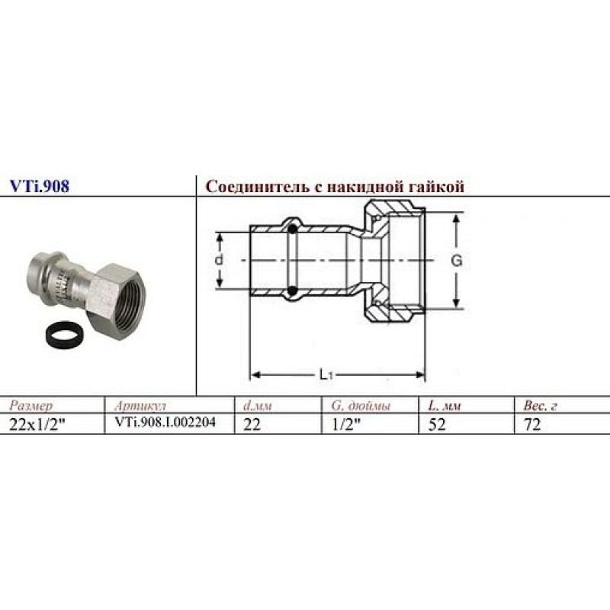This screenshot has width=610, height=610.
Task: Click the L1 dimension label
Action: click(326, 374)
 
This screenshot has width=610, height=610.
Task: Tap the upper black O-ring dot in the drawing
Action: click(292, 226)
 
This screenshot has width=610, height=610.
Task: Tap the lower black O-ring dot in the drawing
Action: click(292, 290)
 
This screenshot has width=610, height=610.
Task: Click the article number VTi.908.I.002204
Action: click(164, 424)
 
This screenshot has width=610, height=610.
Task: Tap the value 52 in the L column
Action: click(437, 425)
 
